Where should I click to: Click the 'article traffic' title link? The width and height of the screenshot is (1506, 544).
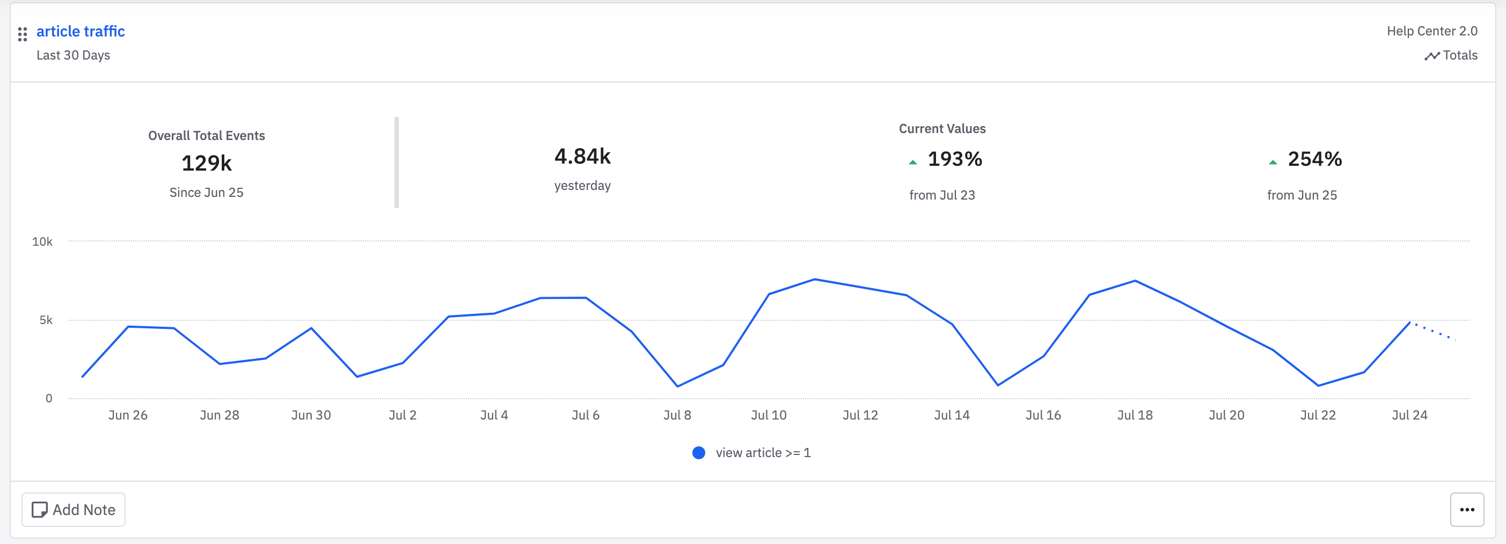[80, 31]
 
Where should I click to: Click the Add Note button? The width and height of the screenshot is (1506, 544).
[74, 510]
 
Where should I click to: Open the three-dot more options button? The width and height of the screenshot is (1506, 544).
[1466, 510]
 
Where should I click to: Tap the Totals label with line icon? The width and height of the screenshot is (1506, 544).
[1451, 55]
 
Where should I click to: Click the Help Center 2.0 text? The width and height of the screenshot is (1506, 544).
[1432, 31]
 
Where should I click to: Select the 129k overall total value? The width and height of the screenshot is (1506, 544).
[207, 163]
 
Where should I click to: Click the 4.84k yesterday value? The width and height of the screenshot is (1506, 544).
[582, 157]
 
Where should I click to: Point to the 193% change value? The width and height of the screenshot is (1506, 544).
[954, 159]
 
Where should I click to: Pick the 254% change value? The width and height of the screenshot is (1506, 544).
[1314, 159]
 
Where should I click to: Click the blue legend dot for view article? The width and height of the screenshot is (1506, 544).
[699, 453]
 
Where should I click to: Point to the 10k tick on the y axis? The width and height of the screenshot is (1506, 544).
[42, 241]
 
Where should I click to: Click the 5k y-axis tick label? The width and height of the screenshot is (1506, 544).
[46, 320]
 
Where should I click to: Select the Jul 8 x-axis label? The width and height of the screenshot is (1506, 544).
[677, 415]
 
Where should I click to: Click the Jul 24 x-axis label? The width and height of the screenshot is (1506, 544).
[1409, 415]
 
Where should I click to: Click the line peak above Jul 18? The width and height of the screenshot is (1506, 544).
[1135, 281]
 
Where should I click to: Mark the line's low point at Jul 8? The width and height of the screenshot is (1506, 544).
[677, 386]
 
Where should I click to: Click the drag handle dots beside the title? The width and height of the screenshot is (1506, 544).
[22, 34]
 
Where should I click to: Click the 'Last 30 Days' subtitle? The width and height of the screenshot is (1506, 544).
[73, 55]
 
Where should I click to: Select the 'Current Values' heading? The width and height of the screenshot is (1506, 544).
[942, 129]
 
